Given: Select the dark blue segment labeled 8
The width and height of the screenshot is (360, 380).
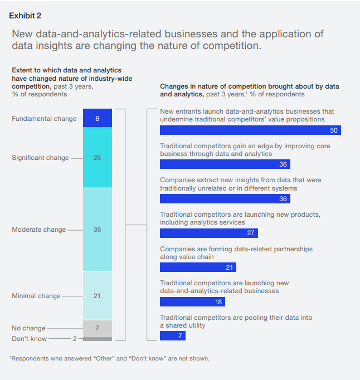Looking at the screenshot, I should coord(98,118).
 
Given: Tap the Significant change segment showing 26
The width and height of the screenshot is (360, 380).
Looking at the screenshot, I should coord(98,158).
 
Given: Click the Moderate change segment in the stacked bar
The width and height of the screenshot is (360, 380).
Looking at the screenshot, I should coord(98,230).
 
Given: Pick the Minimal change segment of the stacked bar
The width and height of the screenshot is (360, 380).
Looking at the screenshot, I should coord(98,295).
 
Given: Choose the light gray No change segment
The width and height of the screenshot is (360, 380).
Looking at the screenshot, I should coord(98,328).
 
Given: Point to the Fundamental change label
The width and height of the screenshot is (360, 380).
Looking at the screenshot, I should coord(44,119).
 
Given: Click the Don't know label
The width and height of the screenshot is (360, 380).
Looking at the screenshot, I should coord(30,338).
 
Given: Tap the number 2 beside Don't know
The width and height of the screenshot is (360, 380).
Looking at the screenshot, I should coord(75,338).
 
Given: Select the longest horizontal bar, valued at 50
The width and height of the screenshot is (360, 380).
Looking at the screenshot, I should coord(250,130).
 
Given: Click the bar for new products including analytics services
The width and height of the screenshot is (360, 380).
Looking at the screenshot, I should coord(208,233).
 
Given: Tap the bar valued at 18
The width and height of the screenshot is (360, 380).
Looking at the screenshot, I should coord(192,301).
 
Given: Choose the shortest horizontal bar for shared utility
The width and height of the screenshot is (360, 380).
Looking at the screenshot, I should coord(172,336).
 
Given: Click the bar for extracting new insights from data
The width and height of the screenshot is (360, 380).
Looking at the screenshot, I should coord(225,199).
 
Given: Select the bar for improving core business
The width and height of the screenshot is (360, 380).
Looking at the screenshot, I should coord(225,164).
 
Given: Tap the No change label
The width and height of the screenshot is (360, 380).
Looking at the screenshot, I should coord(28,328).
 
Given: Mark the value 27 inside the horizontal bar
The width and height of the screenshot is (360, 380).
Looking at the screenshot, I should coord(250,233).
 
